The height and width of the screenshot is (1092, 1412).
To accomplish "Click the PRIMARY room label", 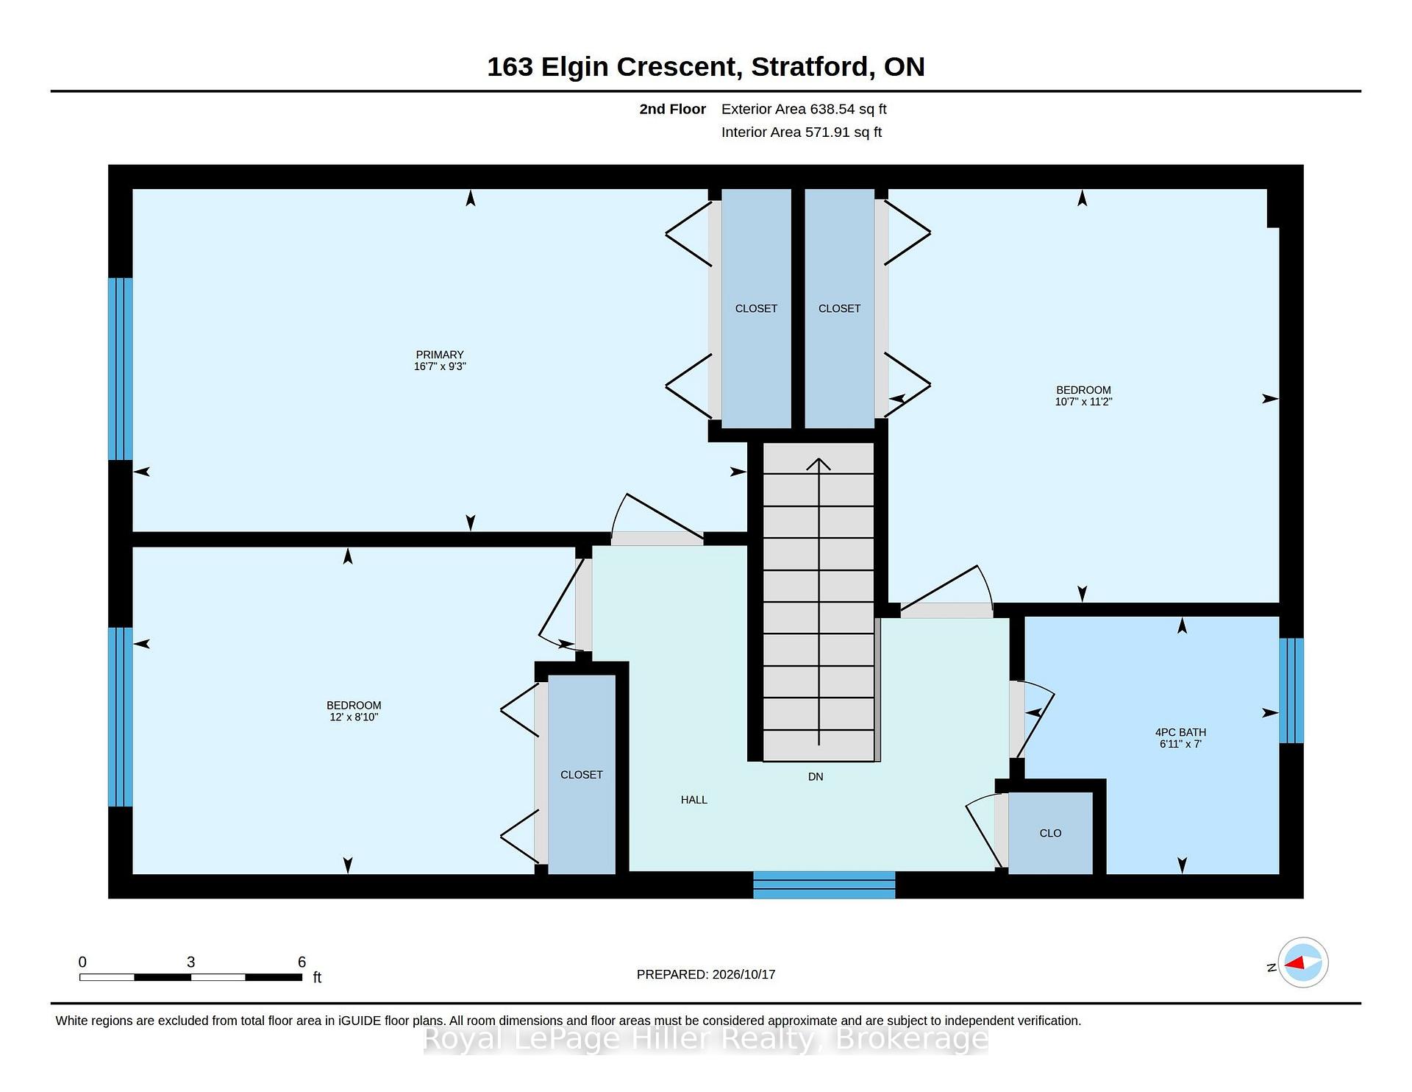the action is pos(440,355).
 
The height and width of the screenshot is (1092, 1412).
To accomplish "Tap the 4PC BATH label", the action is pos(1180,732).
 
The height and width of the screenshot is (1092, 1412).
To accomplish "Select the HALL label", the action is pos(694,800).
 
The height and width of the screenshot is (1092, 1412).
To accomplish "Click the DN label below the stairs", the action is pos(816,776).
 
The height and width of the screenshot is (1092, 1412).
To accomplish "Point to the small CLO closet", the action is pos(1050,833).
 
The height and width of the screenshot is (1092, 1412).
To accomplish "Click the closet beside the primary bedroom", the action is pos(756,308).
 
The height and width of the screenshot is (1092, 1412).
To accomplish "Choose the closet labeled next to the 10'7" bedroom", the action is pos(839,308).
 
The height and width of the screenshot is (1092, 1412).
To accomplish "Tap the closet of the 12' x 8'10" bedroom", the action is pos(582,774).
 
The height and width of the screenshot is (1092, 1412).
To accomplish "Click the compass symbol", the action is pos(1303,962).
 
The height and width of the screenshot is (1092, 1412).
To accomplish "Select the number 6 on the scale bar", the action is pos(302,962).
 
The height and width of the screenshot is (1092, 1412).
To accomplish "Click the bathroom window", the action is pos(1291,690).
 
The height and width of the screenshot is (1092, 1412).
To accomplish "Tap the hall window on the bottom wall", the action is pos(824,885).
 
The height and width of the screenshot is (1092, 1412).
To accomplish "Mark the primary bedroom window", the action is pos(121,369).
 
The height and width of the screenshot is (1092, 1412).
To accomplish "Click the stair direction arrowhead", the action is pos(819,464).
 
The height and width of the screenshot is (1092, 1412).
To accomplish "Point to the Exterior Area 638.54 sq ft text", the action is pos(804,109).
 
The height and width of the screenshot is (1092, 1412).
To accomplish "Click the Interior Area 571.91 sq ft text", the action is pos(802,132).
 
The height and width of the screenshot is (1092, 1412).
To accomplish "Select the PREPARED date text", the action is pos(706,974).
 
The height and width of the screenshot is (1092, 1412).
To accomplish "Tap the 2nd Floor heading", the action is pos(672,109).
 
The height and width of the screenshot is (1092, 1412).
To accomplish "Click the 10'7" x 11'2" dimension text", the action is pos(1083,402).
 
